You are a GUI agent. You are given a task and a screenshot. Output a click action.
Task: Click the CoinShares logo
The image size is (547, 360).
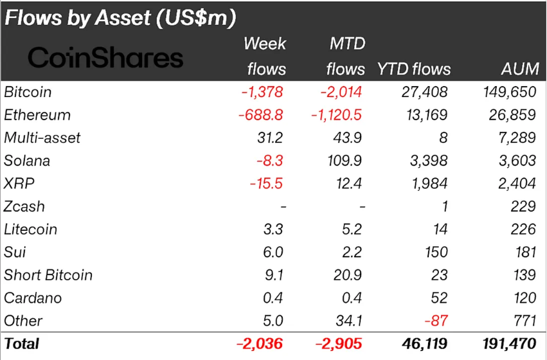pos(106,58)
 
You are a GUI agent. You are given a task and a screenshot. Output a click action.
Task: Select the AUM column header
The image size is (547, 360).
pos(518,69)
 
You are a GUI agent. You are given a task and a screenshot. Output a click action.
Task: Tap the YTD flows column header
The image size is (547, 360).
pos(414,69)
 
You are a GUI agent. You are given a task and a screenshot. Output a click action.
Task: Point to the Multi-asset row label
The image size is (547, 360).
pos(42,138)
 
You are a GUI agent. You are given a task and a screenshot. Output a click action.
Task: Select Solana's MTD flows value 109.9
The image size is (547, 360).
pos(345,161)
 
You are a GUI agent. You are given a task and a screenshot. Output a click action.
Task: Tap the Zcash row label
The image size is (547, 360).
pos(24,206)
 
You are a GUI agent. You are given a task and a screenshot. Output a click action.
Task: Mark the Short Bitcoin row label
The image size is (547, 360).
pos(48,275)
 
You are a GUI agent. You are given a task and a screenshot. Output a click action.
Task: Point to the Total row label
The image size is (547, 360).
pos(22,343)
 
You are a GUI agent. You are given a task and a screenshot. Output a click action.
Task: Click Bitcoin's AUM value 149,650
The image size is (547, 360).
pos(509,92)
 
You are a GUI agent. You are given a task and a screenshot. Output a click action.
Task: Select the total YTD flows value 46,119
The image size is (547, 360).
pos(426,343)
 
